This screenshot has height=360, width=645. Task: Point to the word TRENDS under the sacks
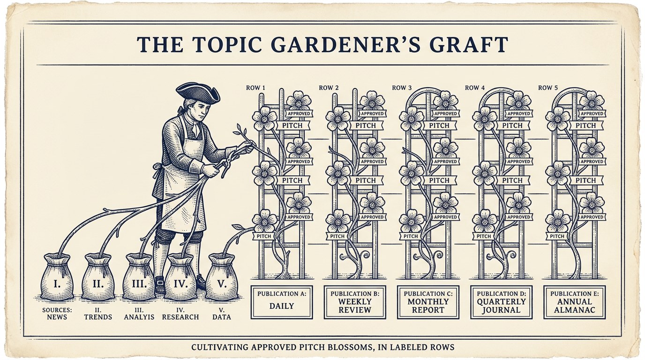coord(98,317)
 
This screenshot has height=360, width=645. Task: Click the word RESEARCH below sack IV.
coord(180,317)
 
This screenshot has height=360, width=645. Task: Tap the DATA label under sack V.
coord(222,317)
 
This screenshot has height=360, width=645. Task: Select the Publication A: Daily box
coord(282,302)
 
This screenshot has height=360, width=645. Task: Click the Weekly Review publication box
coord(355,302)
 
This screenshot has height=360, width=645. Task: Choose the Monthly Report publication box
coord(428,302)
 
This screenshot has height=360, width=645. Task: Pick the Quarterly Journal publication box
coord(501,302)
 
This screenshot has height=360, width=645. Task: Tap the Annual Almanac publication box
coord(575,302)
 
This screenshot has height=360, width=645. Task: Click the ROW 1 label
coord(255,88)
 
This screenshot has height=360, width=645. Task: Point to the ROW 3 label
coord(402,88)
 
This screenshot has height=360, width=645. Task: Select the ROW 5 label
coord(548,88)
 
